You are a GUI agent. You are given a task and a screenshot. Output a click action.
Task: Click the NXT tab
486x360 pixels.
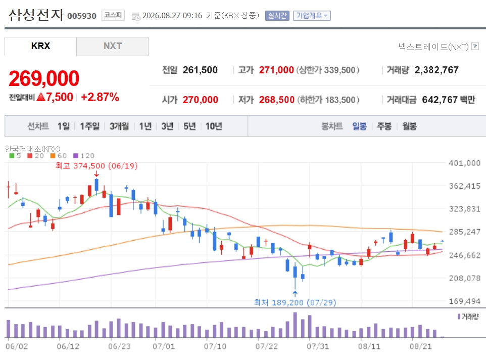click(x=113, y=46)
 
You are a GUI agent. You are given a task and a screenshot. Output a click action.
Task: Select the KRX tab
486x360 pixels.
click(x=40, y=46)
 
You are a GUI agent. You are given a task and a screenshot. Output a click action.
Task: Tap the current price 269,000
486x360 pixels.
click(x=44, y=78)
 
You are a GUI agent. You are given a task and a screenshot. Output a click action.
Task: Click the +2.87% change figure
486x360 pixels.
click(x=100, y=97)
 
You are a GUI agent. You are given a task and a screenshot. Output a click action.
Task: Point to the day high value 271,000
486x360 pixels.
click(x=276, y=70)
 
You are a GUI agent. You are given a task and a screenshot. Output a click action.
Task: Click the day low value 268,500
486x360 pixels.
click(x=276, y=100)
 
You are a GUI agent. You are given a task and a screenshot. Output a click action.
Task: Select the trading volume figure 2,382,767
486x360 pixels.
click(x=436, y=70)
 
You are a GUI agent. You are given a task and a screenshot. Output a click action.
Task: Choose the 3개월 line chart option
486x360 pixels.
click(x=119, y=126)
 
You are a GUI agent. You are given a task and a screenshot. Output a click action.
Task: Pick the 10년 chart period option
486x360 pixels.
click(x=214, y=126)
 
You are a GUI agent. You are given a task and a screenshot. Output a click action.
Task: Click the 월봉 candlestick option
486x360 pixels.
click(x=409, y=126)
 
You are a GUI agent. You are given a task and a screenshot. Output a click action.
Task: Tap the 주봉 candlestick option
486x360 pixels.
click(x=384, y=126)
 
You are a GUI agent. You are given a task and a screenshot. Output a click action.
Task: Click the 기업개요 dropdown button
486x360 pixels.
click(x=312, y=16)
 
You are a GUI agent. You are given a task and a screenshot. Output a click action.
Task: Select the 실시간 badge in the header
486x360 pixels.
click(x=277, y=16)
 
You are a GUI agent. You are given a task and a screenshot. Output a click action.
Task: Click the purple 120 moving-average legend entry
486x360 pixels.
click(x=84, y=156)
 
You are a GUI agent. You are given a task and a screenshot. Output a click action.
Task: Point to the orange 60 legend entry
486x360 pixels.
click(x=58, y=156)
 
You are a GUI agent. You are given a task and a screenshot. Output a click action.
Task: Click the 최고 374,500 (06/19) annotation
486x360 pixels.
click(x=96, y=166)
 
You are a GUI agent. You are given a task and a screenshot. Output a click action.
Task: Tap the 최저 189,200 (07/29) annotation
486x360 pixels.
click(x=295, y=302)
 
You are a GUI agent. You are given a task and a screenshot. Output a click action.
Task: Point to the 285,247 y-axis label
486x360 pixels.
click(x=465, y=232)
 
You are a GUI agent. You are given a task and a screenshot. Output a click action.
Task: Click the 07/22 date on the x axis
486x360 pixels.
click(x=267, y=346)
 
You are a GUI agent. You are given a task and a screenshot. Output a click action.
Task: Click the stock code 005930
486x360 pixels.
click(x=82, y=16)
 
